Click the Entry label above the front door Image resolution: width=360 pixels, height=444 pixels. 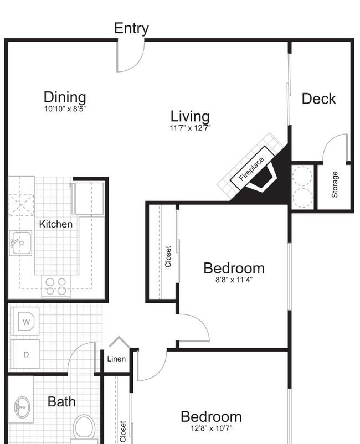pyautogui.click(x=131, y=29)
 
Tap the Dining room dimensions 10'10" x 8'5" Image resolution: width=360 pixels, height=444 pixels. pyautogui.click(x=65, y=109)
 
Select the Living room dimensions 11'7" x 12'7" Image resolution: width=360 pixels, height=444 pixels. pyautogui.click(x=190, y=128)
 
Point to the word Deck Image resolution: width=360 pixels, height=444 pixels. pyautogui.click(x=318, y=99)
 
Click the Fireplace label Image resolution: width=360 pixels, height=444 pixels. pyautogui.click(x=251, y=169)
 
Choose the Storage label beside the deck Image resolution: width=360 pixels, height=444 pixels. pyautogui.click(x=335, y=184)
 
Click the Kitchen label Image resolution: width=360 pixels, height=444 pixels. pyautogui.click(x=56, y=224)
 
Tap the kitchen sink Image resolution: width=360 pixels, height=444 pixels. pyautogui.click(x=20, y=243)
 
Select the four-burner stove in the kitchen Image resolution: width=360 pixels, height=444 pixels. pyautogui.click(x=56, y=286)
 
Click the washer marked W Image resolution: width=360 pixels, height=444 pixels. pyautogui.click(x=25, y=321)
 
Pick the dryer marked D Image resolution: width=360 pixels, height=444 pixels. pyautogui.click(x=25, y=354)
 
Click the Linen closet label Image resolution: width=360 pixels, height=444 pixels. pyautogui.click(x=116, y=359)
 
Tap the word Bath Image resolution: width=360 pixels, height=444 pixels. pyautogui.click(x=61, y=402)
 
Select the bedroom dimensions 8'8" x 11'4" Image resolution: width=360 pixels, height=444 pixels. pyautogui.click(x=234, y=280)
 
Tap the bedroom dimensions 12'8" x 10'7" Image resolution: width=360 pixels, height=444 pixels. pyautogui.click(x=212, y=428)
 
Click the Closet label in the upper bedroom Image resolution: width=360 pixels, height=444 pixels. pyautogui.click(x=168, y=256)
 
